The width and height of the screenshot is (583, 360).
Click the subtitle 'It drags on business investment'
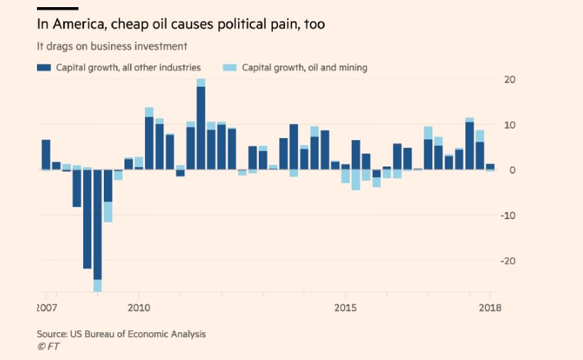coord(112,46)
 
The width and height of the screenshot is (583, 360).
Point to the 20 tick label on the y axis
coord(510,80)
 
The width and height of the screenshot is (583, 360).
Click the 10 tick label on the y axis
coord(510,125)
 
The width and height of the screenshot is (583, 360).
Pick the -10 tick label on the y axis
coord(508,216)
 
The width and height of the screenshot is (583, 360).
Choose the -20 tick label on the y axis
coord(508,261)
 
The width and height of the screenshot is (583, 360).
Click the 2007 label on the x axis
coord(46,308)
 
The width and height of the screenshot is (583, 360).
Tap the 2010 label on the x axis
coord(139,308)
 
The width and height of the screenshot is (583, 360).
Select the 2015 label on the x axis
coord(345,308)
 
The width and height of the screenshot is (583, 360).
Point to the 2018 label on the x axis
coord(490,308)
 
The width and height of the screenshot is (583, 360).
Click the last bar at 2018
coord(490,167)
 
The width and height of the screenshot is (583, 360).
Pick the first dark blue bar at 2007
coord(46,154)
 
